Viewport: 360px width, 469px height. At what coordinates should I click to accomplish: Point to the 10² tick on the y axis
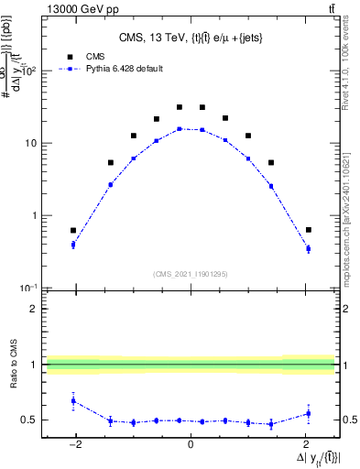[x=31, y=71]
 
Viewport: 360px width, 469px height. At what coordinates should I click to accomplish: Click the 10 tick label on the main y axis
[x=31, y=144]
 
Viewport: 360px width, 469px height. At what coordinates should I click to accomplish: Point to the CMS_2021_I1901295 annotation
[x=191, y=274]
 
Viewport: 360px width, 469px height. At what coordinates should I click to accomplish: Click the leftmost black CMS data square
[x=73, y=230]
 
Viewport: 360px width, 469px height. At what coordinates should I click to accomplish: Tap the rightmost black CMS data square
[x=308, y=229]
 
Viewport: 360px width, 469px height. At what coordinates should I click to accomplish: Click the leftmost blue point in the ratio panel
[x=73, y=400]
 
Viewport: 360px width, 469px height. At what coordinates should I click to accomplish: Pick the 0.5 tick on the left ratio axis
[x=30, y=420]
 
